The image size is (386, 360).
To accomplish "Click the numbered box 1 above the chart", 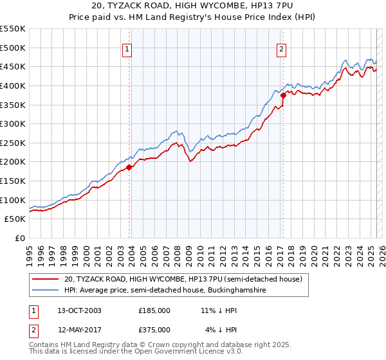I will (127, 49).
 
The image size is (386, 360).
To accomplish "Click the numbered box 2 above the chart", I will (282, 49).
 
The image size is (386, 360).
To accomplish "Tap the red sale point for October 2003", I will (129, 167).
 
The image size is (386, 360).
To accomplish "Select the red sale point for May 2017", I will (283, 95).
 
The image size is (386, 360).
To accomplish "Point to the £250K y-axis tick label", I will (12, 143).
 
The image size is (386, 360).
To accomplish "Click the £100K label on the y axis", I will (12, 200).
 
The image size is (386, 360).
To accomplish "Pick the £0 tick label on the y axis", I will (19, 238).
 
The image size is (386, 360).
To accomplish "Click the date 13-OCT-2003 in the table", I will (79, 310).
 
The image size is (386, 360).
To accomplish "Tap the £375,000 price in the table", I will (154, 330).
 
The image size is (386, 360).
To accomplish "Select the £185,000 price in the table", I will (154, 310).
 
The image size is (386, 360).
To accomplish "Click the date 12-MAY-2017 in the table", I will (79, 330).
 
